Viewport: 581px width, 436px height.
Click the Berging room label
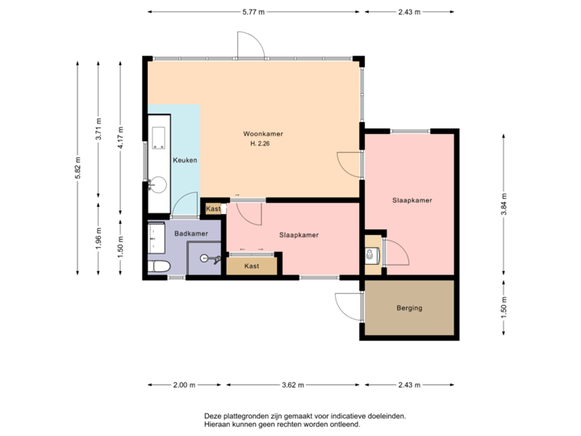click(409, 308)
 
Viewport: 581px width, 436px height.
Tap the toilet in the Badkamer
click(158, 266)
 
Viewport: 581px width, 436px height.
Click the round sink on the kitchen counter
click(158, 185)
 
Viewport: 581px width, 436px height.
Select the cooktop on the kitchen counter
click(157, 135)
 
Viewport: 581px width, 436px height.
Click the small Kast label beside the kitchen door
click(213, 209)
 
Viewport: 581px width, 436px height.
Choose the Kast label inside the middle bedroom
click(252, 265)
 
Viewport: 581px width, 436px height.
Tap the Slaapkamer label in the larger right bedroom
click(412, 199)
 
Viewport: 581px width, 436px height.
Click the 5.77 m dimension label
click(254, 12)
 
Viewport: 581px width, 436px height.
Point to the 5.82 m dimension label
click(77, 168)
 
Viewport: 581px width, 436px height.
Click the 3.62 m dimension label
click(292, 385)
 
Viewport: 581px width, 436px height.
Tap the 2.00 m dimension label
click(185, 385)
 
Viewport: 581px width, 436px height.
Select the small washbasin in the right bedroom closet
click(371, 256)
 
